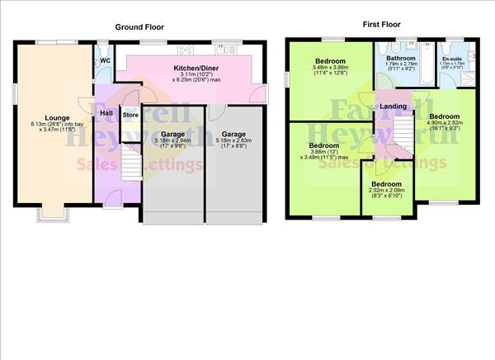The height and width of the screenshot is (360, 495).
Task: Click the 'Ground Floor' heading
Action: click(139, 26)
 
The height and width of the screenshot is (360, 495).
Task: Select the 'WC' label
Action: click(105, 61)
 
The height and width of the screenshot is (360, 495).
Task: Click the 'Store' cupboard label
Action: click(130, 115)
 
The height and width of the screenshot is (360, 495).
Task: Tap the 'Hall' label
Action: click(106, 112)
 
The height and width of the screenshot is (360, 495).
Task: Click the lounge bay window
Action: click(51, 213)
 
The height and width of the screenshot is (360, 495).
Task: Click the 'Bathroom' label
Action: click(401, 58)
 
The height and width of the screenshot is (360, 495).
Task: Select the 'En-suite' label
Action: click(451, 59)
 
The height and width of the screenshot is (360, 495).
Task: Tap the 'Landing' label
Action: click(393, 106)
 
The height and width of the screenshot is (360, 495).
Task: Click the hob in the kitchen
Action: click(185, 49)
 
